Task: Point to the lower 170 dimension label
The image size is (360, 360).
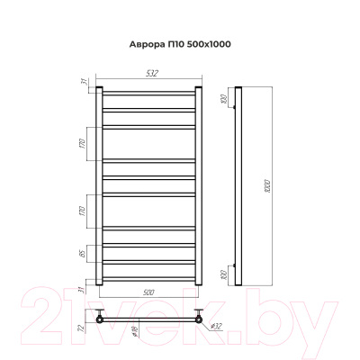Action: click(x=82, y=213)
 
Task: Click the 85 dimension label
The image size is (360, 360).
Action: click(x=82, y=256)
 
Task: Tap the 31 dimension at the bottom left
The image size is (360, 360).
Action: click(x=82, y=289)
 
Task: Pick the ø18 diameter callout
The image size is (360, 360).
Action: click(x=133, y=331)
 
